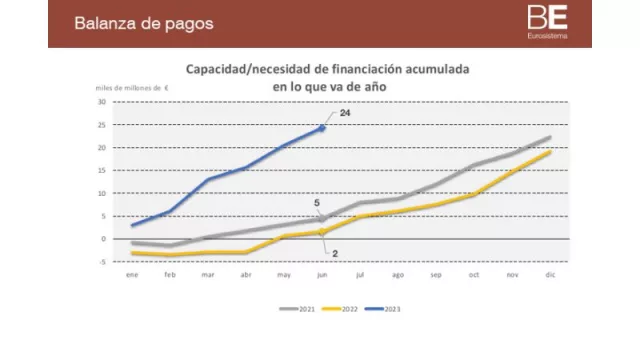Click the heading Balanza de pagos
click(x=144, y=23)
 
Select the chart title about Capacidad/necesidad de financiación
click(x=327, y=78)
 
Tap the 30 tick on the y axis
click(x=102, y=102)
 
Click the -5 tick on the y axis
click(x=102, y=262)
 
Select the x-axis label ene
click(x=132, y=273)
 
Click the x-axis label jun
click(x=321, y=273)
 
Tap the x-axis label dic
click(x=549, y=273)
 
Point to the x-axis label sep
click(x=435, y=273)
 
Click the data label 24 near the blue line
click(x=344, y=114)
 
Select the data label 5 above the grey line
click(x=317, y=204)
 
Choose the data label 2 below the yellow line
click(x=335, y=253)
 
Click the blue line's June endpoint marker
click(x=322, y=127)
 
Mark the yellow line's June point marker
click(x=322, y=232)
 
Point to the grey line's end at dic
click(x=550, y=137)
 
